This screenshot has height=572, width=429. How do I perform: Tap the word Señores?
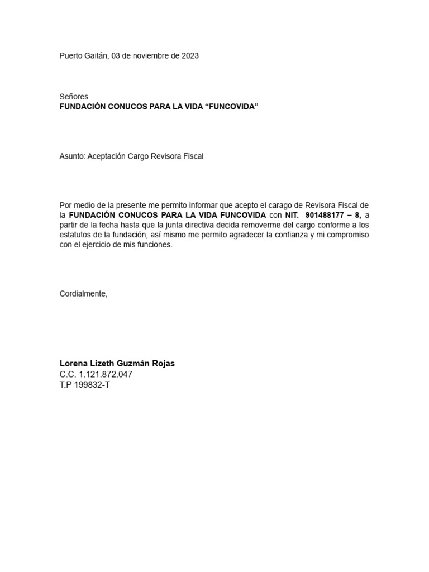click(74, 97)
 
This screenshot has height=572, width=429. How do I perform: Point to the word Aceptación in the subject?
click(106, 156)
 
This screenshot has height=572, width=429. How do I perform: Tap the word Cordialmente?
click(83, 294)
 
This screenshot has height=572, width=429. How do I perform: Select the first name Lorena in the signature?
click(73, 364)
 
